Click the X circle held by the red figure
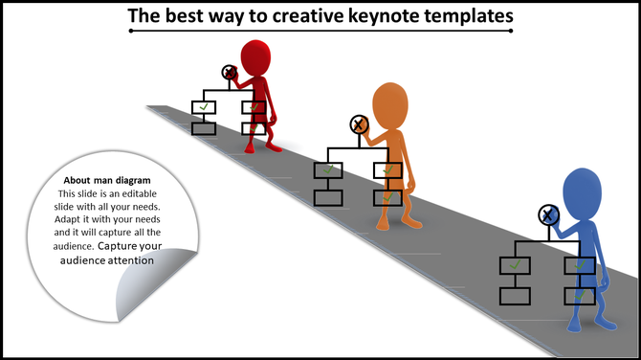point(230,72)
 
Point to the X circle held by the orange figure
point(359,124)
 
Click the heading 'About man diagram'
point(106,180)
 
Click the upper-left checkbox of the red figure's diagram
point(204,107)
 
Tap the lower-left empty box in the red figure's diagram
point(204,128)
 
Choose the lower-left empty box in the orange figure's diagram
point(328,198)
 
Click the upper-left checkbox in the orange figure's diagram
point(328,170)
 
